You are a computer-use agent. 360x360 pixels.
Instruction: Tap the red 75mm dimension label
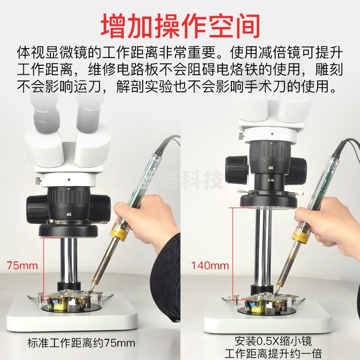[x=22, y=265]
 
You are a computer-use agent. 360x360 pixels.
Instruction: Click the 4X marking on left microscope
[x=68, y=215]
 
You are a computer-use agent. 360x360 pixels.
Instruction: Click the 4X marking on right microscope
[x=271, y=167]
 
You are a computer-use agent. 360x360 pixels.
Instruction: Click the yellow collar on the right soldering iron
[x=301, y=234]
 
